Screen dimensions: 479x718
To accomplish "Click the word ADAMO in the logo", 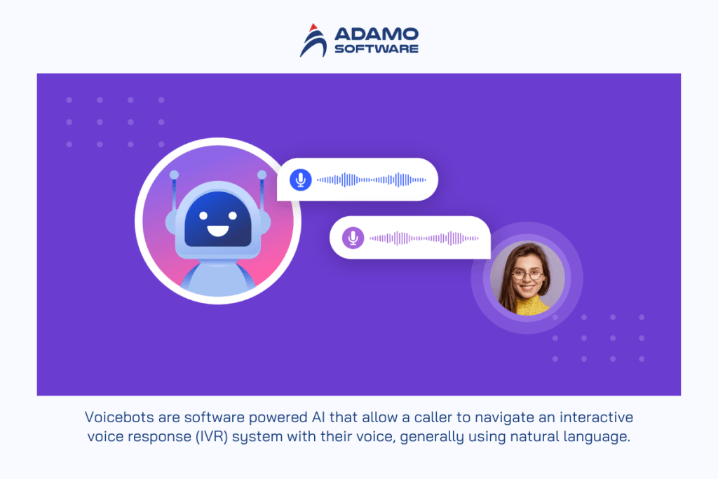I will coord(376,34).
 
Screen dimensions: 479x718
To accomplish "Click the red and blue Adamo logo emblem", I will coord(313,40).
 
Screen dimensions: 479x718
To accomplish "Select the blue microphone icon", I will coord(301,180).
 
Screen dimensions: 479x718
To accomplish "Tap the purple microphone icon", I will coord(353,238).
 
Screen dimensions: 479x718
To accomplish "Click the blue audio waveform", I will coord(370,180).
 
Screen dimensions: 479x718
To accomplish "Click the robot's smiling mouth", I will coord(217,229).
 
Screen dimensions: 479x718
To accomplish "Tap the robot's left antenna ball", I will coord(174,175).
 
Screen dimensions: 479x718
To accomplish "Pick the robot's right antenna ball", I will coord(262,175).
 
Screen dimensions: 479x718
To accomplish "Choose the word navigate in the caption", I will coord(484,417).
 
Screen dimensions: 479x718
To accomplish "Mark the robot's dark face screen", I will coord(217,219).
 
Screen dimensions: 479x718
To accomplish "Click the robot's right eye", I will coord(230,212).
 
